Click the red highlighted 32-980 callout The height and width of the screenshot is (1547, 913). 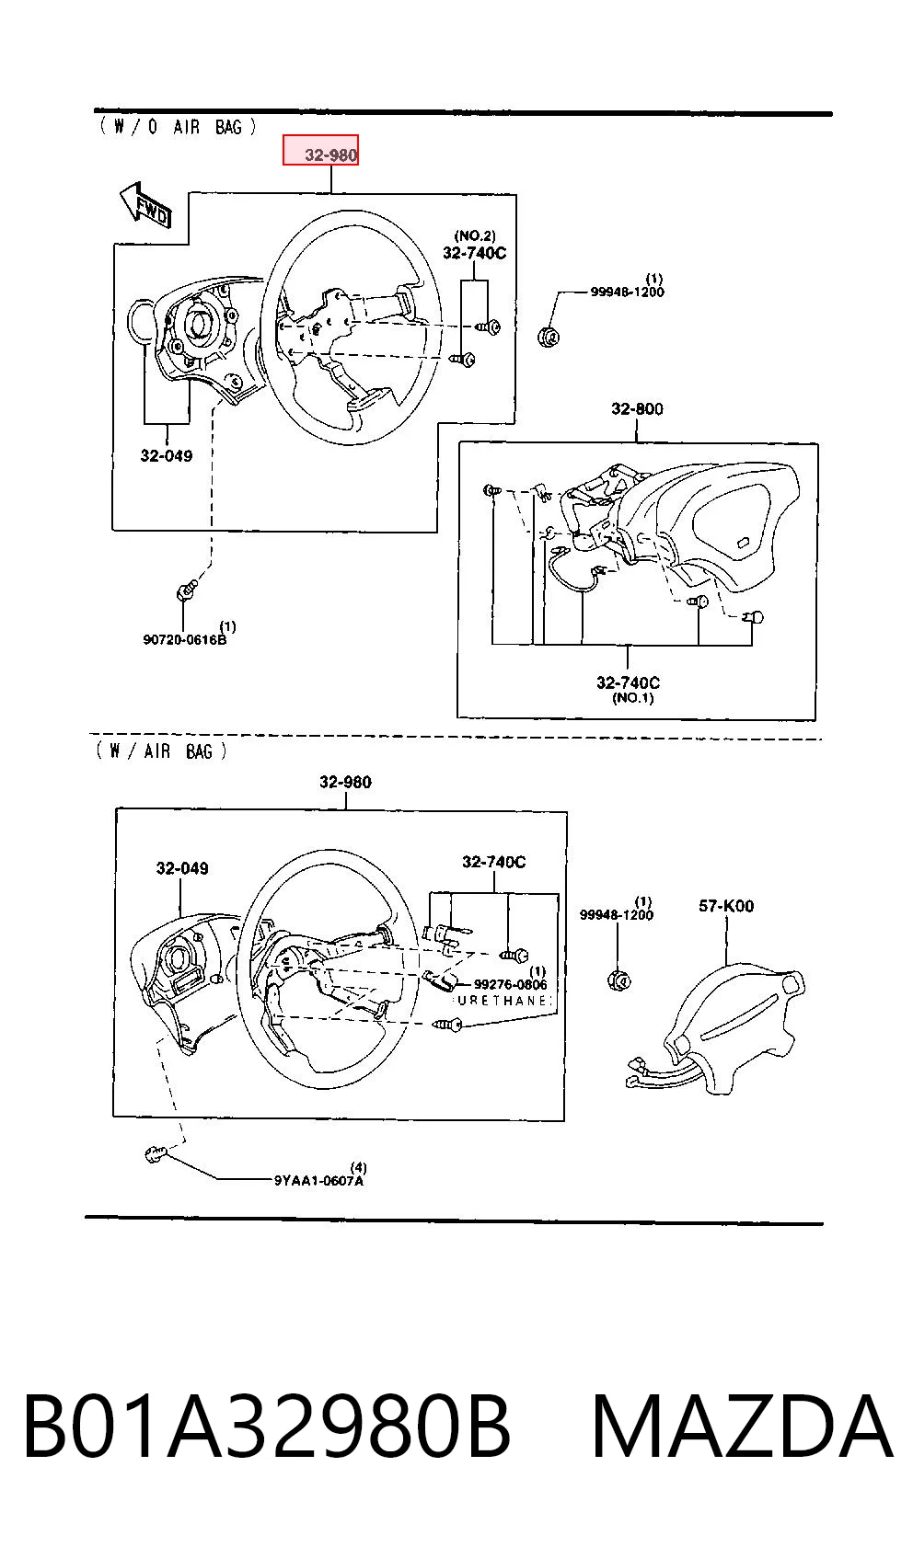(320, 150)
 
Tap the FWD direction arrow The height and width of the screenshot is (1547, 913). (145, 206)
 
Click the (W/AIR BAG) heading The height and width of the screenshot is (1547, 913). (161, 751)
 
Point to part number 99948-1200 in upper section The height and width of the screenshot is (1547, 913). (627, 292)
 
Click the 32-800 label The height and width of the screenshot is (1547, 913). (637, 409)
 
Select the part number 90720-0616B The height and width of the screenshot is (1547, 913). (185, 639)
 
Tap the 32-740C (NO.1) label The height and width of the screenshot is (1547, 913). (629, 689)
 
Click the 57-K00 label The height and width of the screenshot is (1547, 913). (726, 905)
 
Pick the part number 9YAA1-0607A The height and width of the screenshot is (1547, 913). (318, 1180)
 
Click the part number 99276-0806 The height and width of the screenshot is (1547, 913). (510, 985)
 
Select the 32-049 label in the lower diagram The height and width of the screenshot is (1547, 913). (182, 868)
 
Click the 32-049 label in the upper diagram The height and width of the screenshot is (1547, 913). (167, 456)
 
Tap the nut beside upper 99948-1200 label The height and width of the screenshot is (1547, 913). (549, 337)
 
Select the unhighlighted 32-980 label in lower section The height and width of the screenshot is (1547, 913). (345, 783)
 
